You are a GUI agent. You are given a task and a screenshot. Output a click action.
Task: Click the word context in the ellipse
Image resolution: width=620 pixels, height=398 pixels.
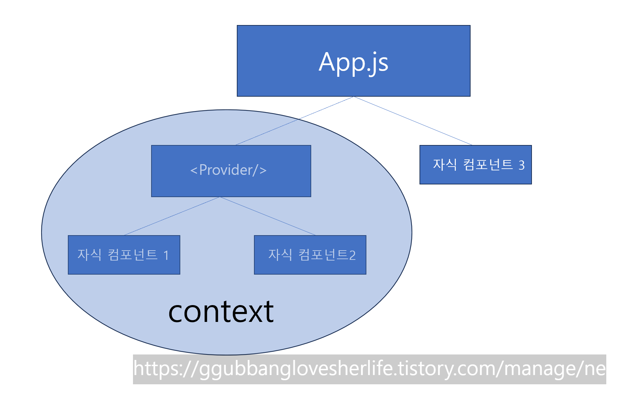[x=221, y=312]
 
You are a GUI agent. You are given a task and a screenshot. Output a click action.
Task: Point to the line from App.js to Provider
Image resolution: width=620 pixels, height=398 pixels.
[x=295, y=121]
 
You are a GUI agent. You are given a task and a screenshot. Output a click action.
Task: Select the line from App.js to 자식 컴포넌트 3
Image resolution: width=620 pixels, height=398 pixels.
[x=413, y=121]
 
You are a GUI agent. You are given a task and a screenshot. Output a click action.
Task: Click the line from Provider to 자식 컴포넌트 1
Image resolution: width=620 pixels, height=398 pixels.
[x=171, y=216]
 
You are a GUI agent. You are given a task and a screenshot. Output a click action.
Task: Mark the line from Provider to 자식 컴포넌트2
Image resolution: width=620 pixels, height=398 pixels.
[x=267, y=216]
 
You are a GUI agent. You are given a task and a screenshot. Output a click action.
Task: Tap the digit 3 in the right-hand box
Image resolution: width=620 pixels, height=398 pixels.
[x=521, y=165]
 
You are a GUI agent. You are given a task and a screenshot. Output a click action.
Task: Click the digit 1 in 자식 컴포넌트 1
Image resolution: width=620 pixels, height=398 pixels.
[x=166, y=255]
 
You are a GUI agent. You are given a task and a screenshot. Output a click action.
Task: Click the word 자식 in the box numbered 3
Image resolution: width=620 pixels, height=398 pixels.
[x=445, y=165]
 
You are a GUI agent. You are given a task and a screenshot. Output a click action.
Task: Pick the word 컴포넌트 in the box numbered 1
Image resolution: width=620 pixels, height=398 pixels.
[x=132, y=255]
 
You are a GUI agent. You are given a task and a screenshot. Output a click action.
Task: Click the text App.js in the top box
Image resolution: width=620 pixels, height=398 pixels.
[x=353, y=62]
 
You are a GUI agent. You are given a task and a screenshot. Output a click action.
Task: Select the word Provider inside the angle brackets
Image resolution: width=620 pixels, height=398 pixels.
[x=226, y=170]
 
